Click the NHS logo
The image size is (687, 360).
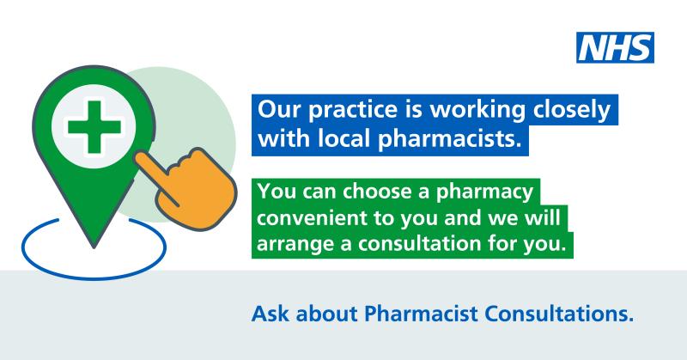coord(615,47)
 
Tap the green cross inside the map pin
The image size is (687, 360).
coord(94,127)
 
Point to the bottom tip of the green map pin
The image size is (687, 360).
coord(94,247)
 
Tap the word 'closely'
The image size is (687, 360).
coord(572,111)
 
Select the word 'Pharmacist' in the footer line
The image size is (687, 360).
coord(421,314)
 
